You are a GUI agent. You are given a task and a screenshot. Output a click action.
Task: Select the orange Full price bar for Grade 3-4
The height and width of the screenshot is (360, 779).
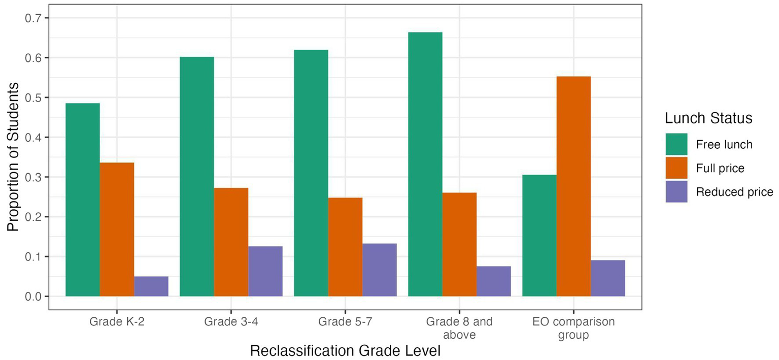pyautogui.click(x=231, y=242)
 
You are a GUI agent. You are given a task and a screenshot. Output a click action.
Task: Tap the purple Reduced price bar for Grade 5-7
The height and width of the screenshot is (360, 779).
pyautogui.click(x=379, y=270)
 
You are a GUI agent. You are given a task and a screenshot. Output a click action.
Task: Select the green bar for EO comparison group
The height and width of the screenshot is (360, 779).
pyautogui.click(x=539, y=236)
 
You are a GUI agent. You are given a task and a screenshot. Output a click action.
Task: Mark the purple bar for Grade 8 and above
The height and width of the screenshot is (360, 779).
pyautogui.click(x=493, y=281)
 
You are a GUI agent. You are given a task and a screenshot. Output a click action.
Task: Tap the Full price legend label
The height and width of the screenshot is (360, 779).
pyautogui.click(x=720, y=168)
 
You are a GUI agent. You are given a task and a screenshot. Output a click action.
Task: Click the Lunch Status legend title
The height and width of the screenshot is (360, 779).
pyautogui.click(x=708, y=118)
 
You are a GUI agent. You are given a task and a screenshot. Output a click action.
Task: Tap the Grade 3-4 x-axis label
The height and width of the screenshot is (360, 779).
pyautogui.click(x=231, y=322)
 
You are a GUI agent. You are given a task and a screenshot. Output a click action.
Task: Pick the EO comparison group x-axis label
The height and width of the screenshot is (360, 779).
pyautogui.click(x=573, y=328)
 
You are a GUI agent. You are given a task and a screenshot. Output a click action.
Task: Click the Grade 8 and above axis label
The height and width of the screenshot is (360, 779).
pyautogui.click(x=459, y=328)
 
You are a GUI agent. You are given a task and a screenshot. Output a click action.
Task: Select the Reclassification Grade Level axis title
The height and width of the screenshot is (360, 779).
pyautogui.click(x=345, y=351)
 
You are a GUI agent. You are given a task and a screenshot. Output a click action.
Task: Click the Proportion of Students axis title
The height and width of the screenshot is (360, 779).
pyautogui.click(x=13, y=157)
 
